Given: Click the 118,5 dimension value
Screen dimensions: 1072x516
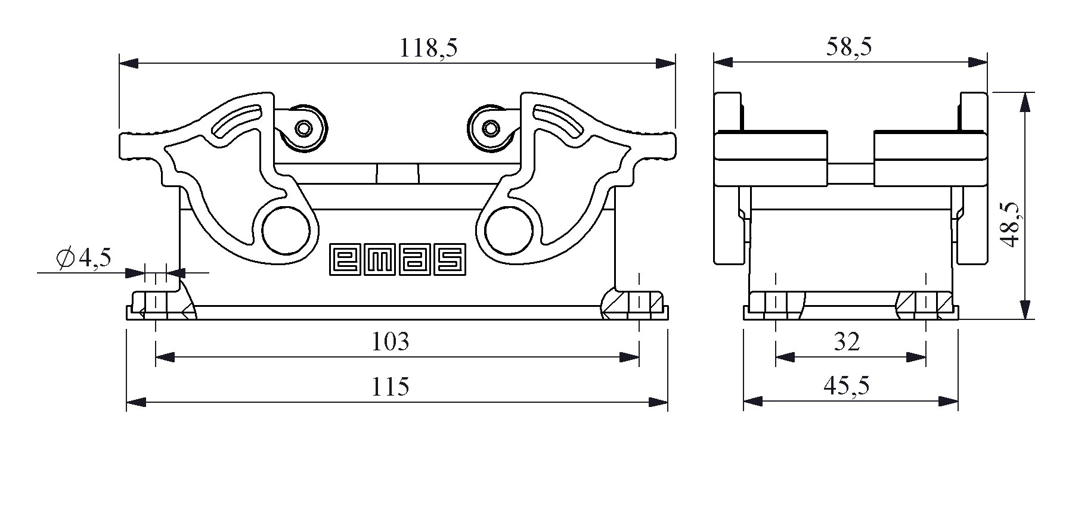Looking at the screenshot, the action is point(428,48).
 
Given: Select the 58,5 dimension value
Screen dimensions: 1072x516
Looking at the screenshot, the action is point(849,46).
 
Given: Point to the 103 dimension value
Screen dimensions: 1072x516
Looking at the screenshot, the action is point(391,341).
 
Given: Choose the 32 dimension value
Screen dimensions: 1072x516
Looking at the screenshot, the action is point(847,341).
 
